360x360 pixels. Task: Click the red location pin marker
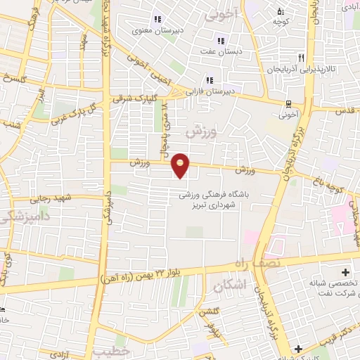(x=181, y=165)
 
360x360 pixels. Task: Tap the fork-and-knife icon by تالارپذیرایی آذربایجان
(x=301, y=58)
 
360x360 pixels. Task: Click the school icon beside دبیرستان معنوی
(x=157, y=19)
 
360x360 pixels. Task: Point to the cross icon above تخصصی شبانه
(x=345, y=271)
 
